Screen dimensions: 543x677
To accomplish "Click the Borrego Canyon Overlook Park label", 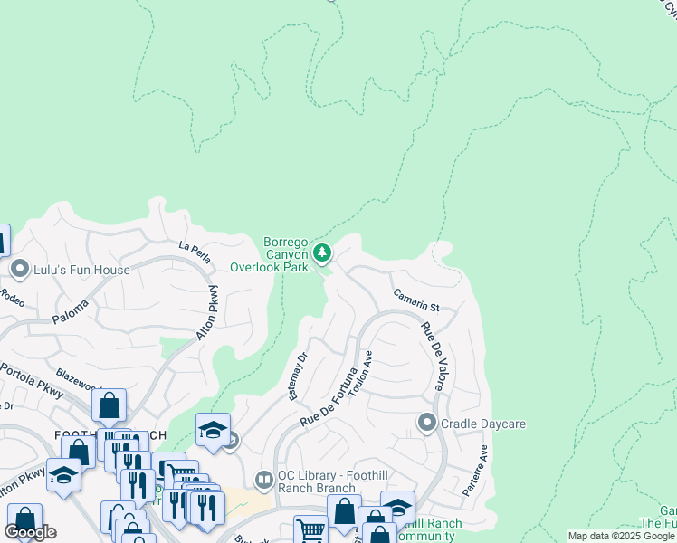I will pos(269,254).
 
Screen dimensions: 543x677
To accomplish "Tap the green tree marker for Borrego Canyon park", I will pos(322,252).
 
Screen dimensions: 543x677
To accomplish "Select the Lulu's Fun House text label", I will pos(81,270).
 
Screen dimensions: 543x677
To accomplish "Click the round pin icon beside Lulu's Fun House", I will pos(20,270).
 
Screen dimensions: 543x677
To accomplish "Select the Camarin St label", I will pos(415,300).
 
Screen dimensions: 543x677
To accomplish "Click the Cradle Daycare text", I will pos(483,424).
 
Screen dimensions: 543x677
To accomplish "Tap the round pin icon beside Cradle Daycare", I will pos(426,423).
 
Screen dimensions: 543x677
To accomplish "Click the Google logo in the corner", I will pos(31,532).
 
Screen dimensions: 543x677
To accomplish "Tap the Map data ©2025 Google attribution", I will pos(621,536).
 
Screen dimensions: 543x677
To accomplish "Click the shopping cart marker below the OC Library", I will pos(310,529).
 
